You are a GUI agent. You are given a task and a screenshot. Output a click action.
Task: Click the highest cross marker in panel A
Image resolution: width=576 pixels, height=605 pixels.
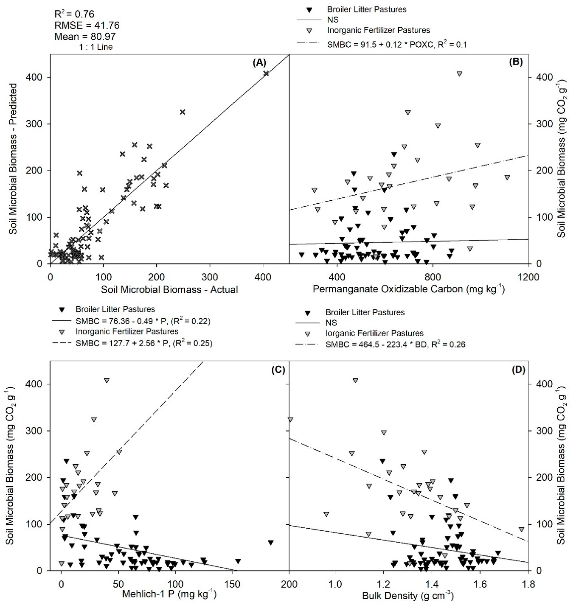(x=266, y=73)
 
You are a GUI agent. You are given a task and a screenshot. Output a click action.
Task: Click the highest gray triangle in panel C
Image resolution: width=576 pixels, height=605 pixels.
(x=106, y=380)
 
